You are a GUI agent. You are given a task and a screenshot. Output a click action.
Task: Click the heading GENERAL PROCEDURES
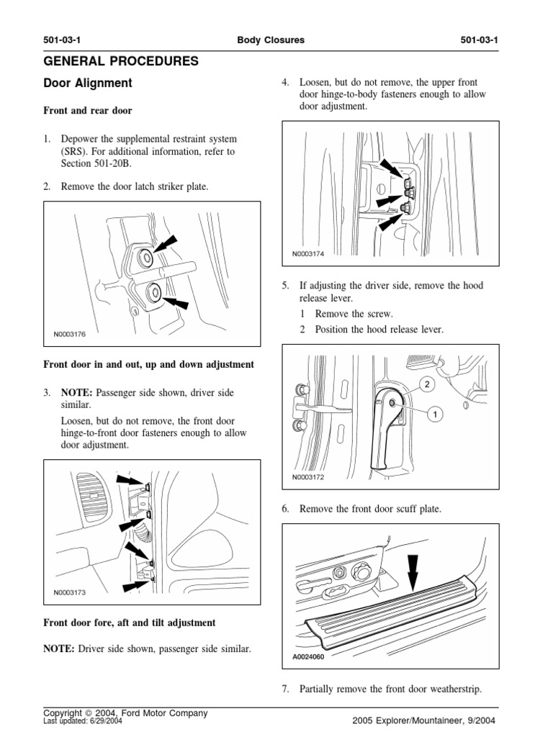[121, 61]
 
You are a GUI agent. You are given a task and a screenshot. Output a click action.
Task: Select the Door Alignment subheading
[88, 83]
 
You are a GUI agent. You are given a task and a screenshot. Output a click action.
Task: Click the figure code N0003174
[308, 253]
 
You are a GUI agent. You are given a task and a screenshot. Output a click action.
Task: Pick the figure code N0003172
[308, 477]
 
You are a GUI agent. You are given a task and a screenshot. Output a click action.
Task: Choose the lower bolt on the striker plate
[153, 291]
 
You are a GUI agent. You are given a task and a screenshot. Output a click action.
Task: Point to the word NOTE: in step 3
[76, 392]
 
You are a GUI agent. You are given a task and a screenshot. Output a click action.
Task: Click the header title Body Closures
[271, 40]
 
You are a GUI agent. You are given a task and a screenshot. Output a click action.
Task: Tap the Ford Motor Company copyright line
[125, 713]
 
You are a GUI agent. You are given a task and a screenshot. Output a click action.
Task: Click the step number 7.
[285, 689]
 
